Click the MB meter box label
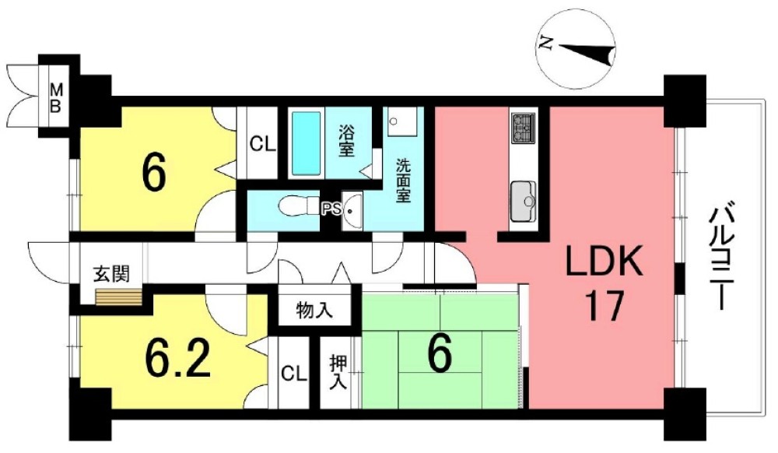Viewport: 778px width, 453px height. pyautogui.click(x=57, y=97)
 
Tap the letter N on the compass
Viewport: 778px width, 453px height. pyautogui.click(x=545, y=44)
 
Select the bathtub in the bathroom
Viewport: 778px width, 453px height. pyautogui.click(x=306, y=142)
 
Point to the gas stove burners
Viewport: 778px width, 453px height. pyautogui.click(x=523, y=128)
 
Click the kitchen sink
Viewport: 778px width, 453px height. pyautogui.click(x=524, y=202)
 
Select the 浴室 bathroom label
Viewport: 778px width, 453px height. pyautogui.click(x=347, y=140)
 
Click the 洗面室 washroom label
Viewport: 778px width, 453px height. pyautogui.click(x=402, y=180)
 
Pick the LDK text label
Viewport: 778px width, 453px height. pyautogui.click(x=605, y=262)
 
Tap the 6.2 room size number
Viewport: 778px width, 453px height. pyautogui.click(x=178, y=358)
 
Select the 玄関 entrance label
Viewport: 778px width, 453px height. pyautogui.click(x=111, y=274)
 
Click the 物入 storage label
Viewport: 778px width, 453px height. pyautogui.click(x=314, y=311)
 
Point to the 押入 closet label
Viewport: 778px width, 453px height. pyautogui.click(x=339, y=372)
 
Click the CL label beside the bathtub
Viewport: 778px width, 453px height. pyautogui.click(x=262, y=145)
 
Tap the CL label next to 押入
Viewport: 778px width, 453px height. pyautogui.click(x=294, y=374)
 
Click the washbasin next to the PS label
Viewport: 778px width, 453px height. pyautogui.click(x=352, y=212)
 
